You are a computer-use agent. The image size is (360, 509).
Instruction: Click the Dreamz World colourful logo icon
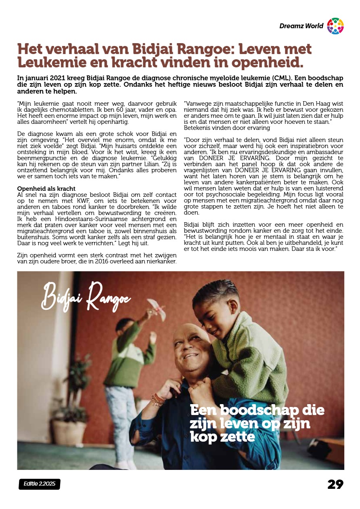coord(335,26)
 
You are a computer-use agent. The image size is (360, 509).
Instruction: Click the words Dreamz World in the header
coord(301,26)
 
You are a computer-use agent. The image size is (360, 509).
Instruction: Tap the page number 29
coord(335,484)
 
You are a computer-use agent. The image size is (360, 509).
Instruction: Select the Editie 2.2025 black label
coord(39,484)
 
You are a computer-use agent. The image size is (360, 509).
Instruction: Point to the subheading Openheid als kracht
coord(46,188)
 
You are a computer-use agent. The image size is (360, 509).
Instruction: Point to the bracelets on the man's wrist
coord(158,399)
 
